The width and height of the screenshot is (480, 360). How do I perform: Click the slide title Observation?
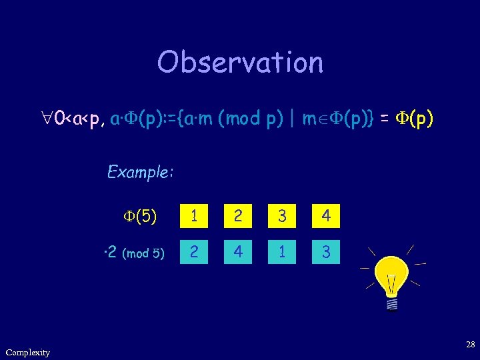[240, 62]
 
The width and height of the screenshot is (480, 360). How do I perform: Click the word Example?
[141, 173]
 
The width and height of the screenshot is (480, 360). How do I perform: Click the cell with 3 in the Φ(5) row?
[282, 216]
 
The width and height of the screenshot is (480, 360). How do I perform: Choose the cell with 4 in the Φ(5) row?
[326, 216]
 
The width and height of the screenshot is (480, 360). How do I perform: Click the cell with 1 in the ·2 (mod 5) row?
[282, 252]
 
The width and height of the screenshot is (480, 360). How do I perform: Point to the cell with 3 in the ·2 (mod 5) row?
[326, 252]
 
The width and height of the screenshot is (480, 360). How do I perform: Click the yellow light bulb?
[392, 277]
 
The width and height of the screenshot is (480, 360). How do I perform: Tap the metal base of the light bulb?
[392, 303]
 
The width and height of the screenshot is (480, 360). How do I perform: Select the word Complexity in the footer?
[27, 352]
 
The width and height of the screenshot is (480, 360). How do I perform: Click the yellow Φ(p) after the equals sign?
[412, 119]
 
